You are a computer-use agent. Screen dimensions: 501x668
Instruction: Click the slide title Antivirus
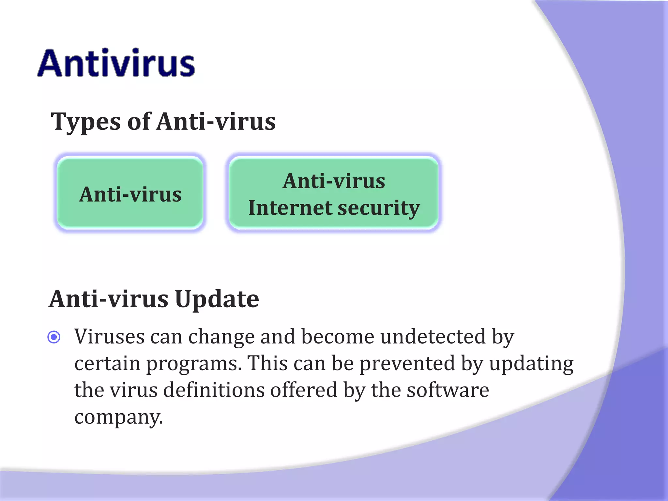116,63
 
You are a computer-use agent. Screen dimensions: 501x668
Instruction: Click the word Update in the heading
217,299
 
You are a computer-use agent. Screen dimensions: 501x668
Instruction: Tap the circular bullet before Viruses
54,337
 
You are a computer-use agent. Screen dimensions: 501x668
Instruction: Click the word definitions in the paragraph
214,390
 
